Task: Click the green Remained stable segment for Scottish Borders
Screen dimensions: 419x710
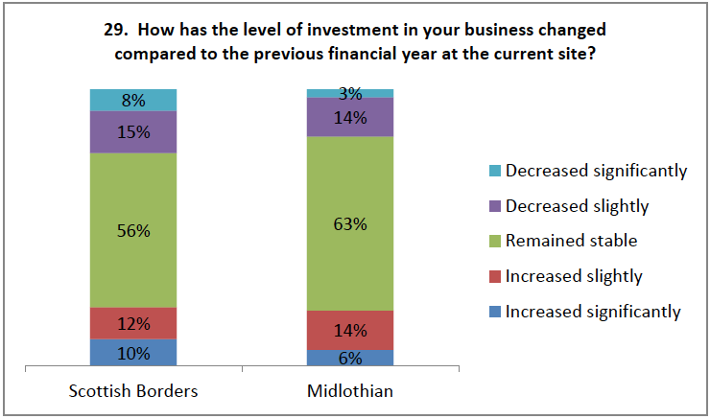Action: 133,259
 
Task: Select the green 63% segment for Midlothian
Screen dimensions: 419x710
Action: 350,249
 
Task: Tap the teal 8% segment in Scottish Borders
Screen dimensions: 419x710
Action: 133,99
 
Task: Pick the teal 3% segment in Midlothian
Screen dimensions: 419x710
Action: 350,93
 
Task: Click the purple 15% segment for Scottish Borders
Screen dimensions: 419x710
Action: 133,132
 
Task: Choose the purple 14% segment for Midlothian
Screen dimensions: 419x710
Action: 350,117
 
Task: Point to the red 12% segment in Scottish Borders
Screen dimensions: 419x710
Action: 133,323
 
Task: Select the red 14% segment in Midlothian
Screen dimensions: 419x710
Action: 350,330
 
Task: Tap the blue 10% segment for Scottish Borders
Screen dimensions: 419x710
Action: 133,352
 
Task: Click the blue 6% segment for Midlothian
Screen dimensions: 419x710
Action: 350,358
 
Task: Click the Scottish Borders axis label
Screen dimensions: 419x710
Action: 133,392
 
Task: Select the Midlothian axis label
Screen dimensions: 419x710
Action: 350,392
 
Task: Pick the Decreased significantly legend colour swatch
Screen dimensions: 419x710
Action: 494,172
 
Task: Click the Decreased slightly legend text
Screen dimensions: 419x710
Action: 578,206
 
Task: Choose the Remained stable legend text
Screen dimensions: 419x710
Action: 571,241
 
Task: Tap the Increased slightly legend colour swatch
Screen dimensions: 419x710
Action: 494,276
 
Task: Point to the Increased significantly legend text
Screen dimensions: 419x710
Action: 593,311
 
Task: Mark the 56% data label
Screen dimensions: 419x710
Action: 133,230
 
